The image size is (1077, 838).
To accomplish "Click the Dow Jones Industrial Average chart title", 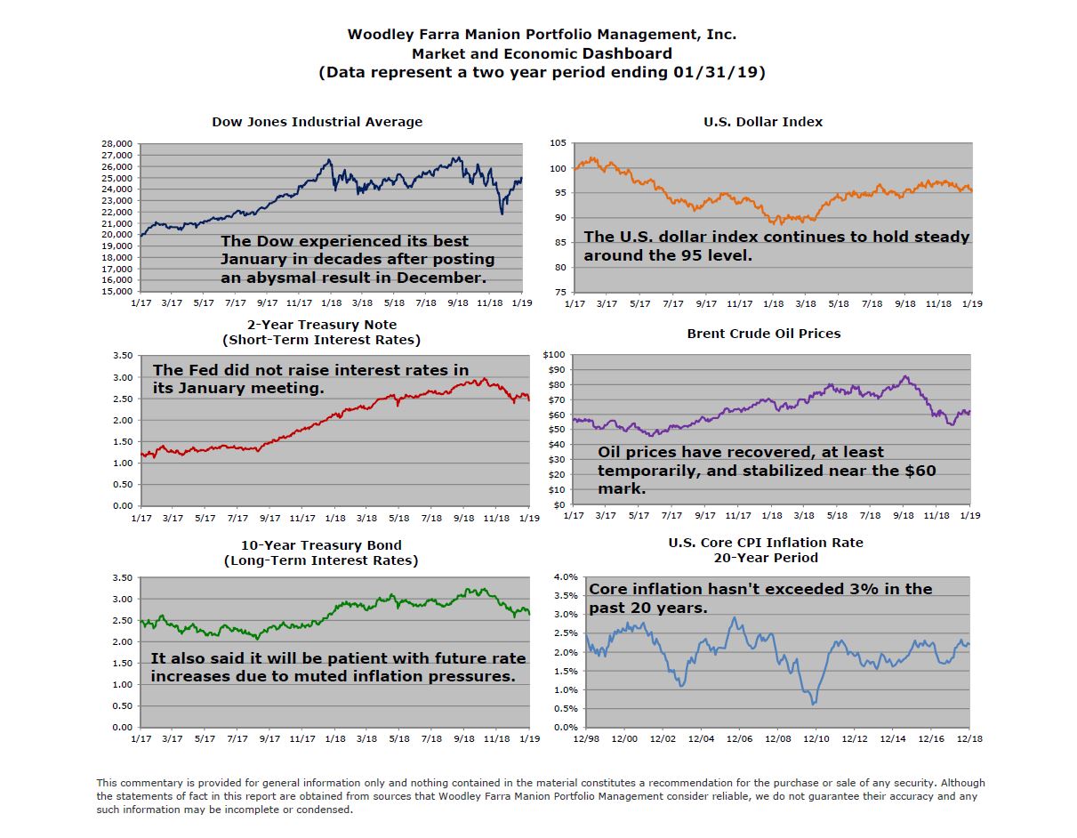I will click(x=317, y=122).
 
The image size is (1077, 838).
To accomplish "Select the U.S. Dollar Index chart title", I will click(x=763, y=122).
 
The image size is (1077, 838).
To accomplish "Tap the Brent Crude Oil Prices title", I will click(x=763, y=334).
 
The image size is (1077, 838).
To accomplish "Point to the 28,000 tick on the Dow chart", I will click(x=117, y=143).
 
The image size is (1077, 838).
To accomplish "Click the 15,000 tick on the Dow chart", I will click(x=117, y=291).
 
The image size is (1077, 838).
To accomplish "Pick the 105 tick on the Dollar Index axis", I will click(x=558, y=143).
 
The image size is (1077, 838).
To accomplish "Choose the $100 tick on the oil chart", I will click(x=554, y=355).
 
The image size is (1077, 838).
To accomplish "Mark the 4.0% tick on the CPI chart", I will click(x=566, y=576).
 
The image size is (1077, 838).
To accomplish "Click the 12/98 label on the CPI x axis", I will click(x=585, y=738).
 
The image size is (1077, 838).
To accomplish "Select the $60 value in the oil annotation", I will click(x=915, y=471).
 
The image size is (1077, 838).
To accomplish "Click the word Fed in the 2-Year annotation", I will click(x=197, y=370).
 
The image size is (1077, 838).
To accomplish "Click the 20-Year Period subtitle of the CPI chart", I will click(x=765, y=557).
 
